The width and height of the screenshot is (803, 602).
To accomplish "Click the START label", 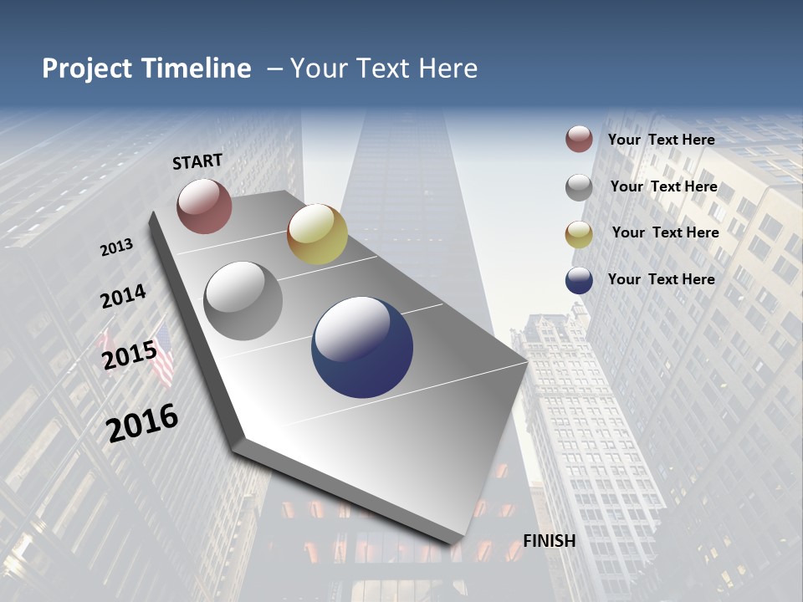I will (x=197, y=161).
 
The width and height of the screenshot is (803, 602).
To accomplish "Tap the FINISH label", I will (x=550, y=541).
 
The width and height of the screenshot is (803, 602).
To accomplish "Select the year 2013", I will (x=117, y=247).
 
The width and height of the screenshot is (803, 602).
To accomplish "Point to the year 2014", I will (x=124, y=297).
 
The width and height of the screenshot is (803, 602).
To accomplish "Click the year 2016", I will (x=142, y=423).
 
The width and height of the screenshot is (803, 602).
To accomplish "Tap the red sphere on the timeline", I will (x=204, y=206).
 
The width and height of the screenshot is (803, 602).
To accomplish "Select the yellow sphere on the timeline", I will (x=317, y=234).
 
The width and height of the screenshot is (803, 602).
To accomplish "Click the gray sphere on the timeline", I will (x=243, y=301).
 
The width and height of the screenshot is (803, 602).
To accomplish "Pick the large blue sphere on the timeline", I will (x=362, y=347).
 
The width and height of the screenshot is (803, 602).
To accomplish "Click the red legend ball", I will (x=579, y=140).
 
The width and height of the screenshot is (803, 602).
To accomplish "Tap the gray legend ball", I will (x=579, y=187).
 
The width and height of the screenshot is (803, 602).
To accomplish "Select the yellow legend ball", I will (x=579, y=234).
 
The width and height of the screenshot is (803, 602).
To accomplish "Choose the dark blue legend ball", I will (x=579, y=281).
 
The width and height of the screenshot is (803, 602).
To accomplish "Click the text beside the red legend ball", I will (x=661, y=140).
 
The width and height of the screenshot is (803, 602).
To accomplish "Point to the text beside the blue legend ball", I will (x=661, y=279).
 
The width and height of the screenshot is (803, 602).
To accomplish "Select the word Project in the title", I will (x=87, y=69).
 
